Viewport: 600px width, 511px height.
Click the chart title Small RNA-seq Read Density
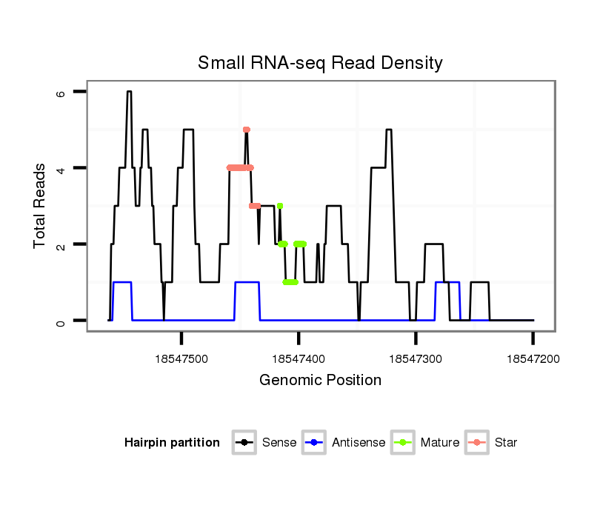(320, 63)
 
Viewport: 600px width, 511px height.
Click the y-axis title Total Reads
(40, 206)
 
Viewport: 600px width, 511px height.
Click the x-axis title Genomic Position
(320, 381)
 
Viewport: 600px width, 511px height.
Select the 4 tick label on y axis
(61, 168)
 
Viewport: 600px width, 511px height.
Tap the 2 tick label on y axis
(61, 244)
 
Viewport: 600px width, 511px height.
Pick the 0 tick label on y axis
(61, 321)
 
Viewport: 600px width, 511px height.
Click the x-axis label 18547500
(181, 359)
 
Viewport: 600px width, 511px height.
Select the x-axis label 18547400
(299, 359)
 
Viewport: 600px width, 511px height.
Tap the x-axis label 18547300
(416, 359)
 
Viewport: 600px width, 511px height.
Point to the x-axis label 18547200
(533, 359)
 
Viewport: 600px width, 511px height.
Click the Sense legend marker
(244, 443)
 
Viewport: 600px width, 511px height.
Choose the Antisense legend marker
(314, 443)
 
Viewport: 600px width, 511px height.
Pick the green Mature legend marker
(402, 443)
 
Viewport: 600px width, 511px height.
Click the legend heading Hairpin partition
(172, 443)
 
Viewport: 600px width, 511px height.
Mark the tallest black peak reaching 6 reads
(129, 92)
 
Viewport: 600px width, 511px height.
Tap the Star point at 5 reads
(247, 130)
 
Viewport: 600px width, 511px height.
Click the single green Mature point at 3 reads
(279, 206)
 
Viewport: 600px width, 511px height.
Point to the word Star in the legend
(505, 443)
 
